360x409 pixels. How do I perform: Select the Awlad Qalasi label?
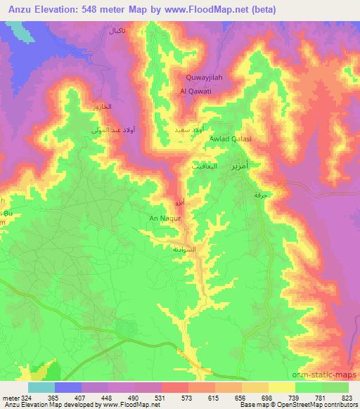pos(230,139)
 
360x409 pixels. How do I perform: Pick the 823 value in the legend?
pos(347,398)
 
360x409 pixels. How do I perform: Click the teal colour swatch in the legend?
pos(41,387)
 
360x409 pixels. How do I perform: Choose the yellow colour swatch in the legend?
pos(282,387)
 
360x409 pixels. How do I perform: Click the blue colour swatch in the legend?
pos(68,387)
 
